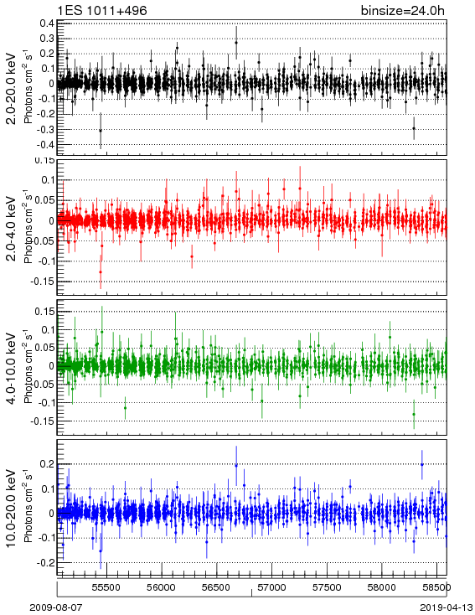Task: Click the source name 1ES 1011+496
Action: (102, 10)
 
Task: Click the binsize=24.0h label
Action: (403, 10)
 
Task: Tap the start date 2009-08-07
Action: (56, 607)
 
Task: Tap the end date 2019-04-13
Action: (447, 607)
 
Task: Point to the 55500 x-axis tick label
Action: (106, 587)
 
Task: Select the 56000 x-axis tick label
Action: (161, 587)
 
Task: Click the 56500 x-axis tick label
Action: (216, 587)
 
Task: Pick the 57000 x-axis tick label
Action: (271, 587)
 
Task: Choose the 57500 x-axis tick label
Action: (327, 587)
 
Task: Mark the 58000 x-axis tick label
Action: (381, 587)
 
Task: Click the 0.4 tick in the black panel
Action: (47, 23)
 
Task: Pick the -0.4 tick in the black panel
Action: (45, 145)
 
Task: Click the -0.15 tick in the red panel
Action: (44, 282)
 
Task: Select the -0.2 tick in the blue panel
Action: (45, 562)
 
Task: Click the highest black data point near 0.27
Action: (236, 43)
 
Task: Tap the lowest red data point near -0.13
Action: (101, 271)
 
